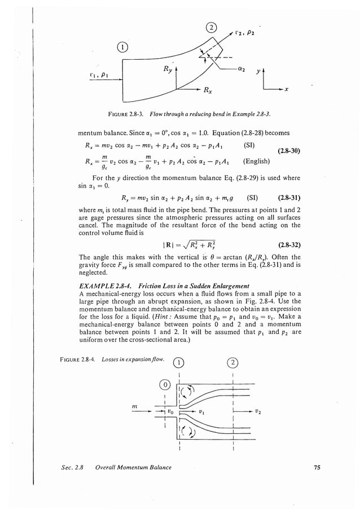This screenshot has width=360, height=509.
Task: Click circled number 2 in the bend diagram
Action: [x=210, y=28]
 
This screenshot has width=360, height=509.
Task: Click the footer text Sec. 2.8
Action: [x=74, y=467]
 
